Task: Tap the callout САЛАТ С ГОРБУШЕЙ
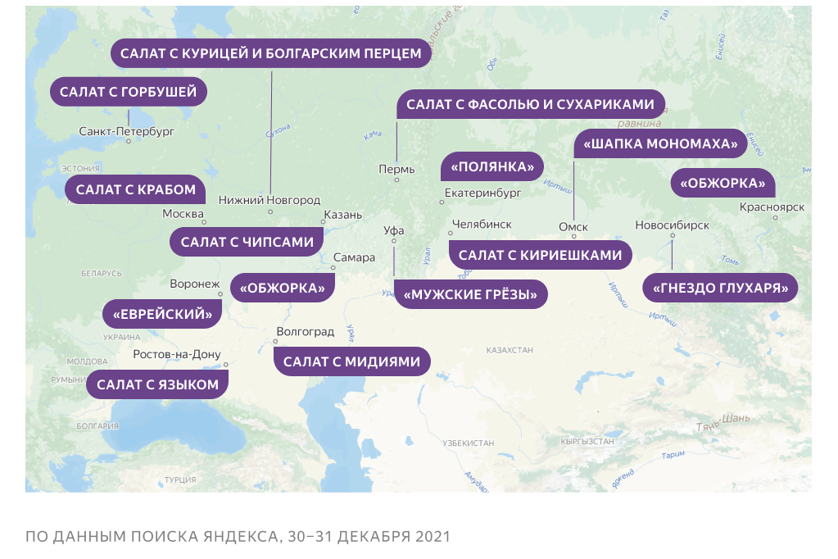[x=129, y=92]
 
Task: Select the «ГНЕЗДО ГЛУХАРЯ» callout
[x=720, y=289]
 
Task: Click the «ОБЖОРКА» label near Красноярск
[x=722, y=184]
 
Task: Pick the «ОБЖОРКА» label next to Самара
[x=283, y=289]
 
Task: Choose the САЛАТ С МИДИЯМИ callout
[x=351, y=361]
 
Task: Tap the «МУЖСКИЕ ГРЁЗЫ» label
[x=470, y=294]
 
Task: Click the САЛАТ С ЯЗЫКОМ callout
[x=157, y=384]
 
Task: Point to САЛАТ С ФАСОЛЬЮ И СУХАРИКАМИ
[x=530, y=105]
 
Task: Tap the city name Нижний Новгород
[x=270, y=200]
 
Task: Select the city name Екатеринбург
[x=482, y=194]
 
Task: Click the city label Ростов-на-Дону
[x=177, y=355]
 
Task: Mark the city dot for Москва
[x=204, y=222]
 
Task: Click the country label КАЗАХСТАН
[x=509, y=350]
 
